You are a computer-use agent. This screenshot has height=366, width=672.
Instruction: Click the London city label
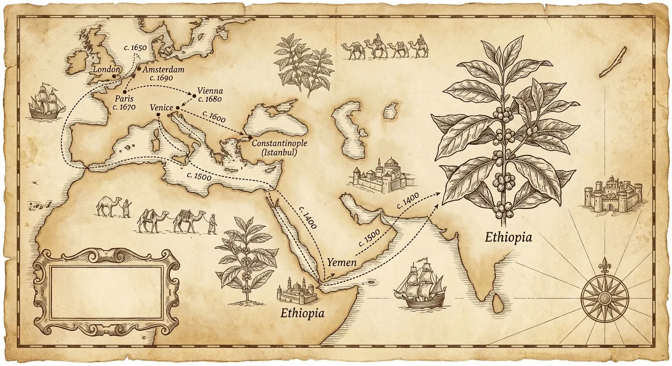[x=105, y=70]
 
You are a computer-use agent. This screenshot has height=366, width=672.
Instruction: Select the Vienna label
[x=210, y=91]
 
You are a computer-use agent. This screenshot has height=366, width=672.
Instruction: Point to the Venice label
[x=161, y=108]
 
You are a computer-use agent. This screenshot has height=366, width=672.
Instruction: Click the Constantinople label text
[x=279, y=143]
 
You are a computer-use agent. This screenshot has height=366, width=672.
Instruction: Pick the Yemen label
[x=341, y=262]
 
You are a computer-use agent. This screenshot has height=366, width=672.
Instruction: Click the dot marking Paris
[x=125, y=92]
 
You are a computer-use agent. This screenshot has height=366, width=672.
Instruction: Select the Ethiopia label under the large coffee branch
[x=508, y=237]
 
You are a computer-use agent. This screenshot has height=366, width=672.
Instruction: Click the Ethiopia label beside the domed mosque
[x=302, y=313]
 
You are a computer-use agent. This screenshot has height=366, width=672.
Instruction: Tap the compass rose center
[x=605, y=299]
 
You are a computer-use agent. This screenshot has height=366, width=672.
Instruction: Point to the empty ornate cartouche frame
[x=106, y=292]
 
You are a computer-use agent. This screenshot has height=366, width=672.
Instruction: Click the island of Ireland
[x=76, y=59]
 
